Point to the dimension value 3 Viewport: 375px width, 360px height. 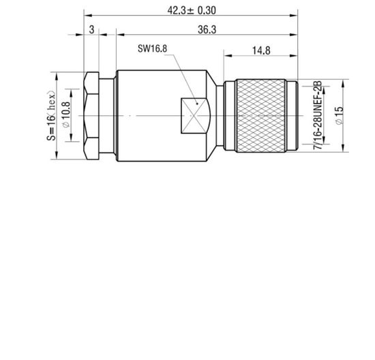(x=91, y=29)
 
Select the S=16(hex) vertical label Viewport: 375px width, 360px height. (x=52, y=117)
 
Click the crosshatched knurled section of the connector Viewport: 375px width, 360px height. (x=262, y=112)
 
